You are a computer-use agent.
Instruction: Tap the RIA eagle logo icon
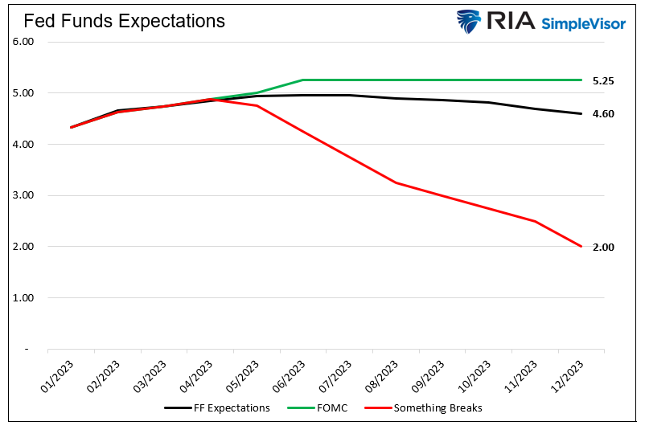(x=469, y=21)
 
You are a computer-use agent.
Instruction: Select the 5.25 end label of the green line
(x=603, y=81)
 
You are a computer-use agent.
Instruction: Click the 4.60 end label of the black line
(x=603, y=114)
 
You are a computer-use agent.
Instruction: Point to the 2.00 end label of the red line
(x=603, y=248)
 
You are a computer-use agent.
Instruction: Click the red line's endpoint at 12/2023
(x=581, y=246)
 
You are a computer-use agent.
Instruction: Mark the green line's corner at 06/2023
(x=302, y=80)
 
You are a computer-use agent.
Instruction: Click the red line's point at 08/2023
(x=395, y=182)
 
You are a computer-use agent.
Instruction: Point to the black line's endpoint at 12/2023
(x=581, y=113)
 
